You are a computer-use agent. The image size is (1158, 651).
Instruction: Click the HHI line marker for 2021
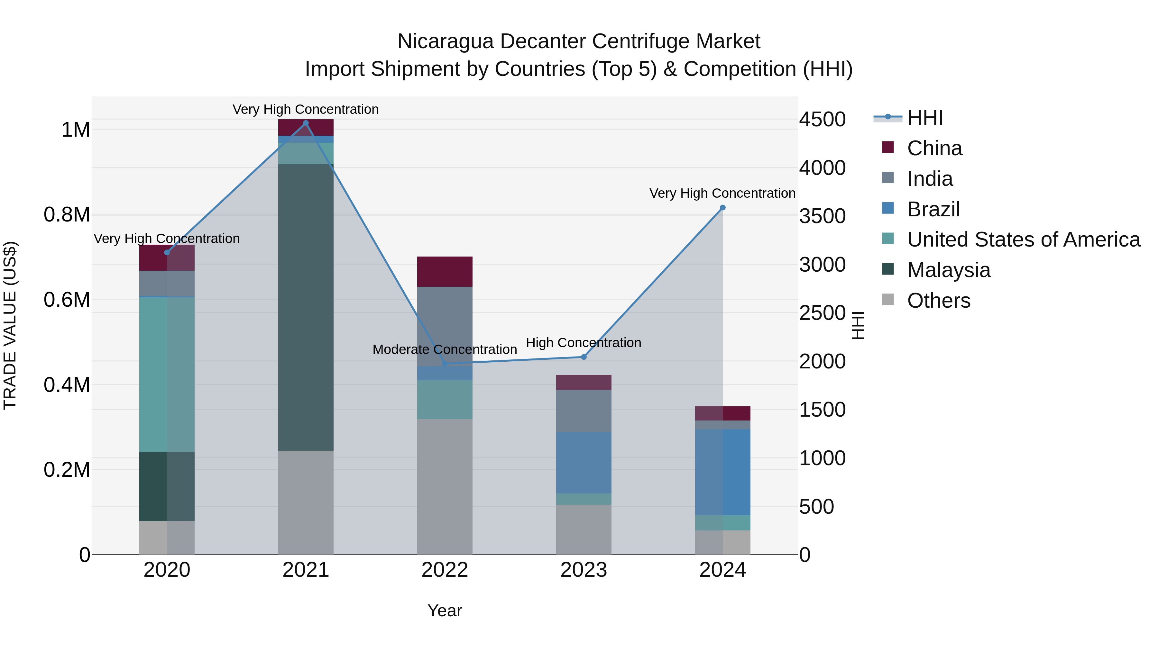306,123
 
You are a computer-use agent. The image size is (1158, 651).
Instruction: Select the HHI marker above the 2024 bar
722,208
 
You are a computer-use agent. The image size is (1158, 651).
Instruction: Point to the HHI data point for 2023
584,357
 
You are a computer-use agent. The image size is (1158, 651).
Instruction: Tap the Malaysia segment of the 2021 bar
306,307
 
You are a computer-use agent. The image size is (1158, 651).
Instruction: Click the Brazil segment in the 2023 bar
584,463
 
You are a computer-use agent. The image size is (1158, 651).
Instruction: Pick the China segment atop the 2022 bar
445,271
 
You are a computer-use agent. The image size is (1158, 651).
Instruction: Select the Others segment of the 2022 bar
445,487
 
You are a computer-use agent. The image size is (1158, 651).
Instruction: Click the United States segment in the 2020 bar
167,374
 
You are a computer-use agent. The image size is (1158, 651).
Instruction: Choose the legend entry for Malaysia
949,270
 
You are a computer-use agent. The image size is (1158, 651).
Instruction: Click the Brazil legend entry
933,209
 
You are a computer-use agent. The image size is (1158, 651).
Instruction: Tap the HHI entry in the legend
925,118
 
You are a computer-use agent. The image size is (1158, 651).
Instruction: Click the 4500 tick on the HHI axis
822,120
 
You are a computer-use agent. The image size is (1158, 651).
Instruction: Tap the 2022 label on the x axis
445,570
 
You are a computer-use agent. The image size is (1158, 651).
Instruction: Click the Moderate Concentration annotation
445,349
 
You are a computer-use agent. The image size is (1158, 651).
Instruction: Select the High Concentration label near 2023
583,342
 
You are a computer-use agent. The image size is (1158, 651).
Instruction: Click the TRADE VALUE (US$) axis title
10,325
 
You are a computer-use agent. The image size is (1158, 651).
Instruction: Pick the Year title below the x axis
445,610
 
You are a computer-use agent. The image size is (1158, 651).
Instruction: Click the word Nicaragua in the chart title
446,41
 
